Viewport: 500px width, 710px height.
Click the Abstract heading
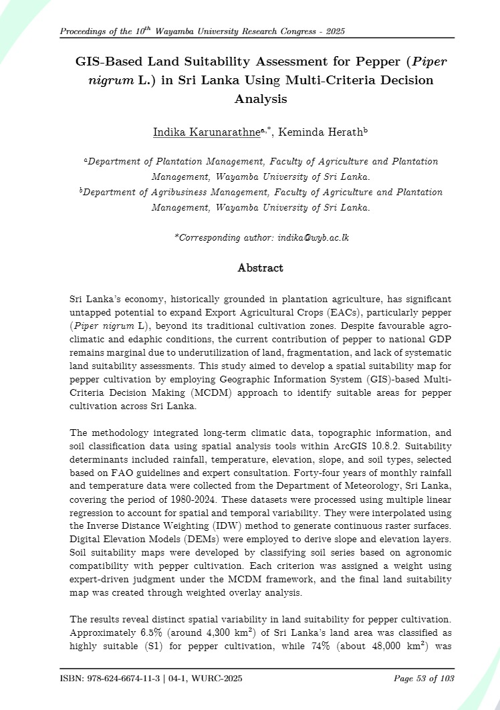pos(260,268)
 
